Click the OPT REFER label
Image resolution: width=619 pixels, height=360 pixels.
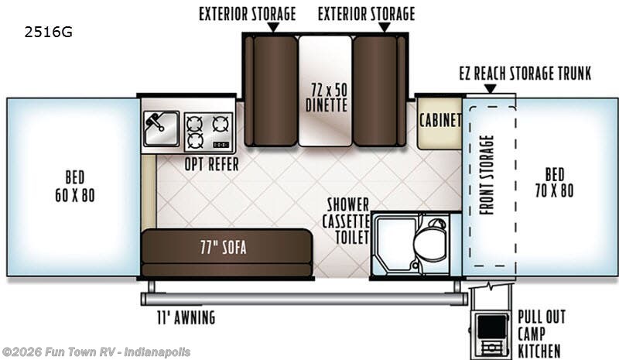[x=210, y=164]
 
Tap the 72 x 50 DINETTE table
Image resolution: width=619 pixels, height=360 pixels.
[x=325, y=93]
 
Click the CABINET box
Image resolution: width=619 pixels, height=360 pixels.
[x=439, y=122]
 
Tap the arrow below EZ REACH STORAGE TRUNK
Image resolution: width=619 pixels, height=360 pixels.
[x=488, y=88]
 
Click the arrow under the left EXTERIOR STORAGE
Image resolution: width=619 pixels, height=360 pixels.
[x=272, y=27]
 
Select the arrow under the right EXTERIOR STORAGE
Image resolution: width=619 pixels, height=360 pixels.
[x=382, y=27]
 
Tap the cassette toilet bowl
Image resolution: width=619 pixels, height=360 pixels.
[x=426, y=245]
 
